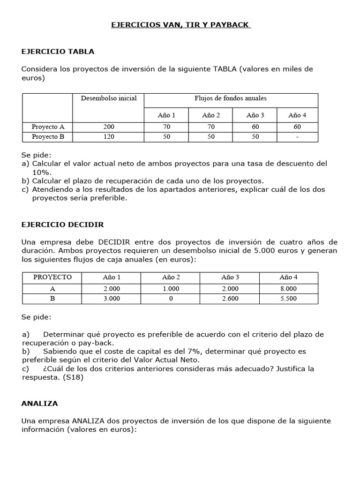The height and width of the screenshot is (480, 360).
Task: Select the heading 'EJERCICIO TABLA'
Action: click(58, 52)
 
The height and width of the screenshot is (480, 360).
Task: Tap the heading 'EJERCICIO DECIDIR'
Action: click(63, 225)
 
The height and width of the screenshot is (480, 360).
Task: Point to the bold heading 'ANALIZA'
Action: click(40, 403)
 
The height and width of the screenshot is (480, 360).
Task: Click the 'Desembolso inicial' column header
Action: click(109, 98)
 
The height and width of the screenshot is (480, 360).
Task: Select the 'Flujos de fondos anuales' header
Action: click(231, 98)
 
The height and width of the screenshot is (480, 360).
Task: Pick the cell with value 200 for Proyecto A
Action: click(108, 127)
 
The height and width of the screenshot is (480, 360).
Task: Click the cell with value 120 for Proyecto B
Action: click(108, 137)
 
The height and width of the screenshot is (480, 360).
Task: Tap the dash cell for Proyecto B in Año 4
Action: click(297, 137)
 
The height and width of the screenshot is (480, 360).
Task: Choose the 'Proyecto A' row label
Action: click(48, 127)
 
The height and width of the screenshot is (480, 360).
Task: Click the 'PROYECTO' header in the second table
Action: click(52, 277)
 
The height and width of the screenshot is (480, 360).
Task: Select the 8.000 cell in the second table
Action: click(288, 289)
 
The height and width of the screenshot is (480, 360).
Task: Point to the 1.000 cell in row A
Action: click(171, 289)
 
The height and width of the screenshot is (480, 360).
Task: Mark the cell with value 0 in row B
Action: click(171, 299)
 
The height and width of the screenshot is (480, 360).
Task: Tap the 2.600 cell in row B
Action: click(230, 299)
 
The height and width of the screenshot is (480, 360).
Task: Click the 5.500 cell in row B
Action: click(288, 299)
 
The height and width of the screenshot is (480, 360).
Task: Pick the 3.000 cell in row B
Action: click(112, 299)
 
